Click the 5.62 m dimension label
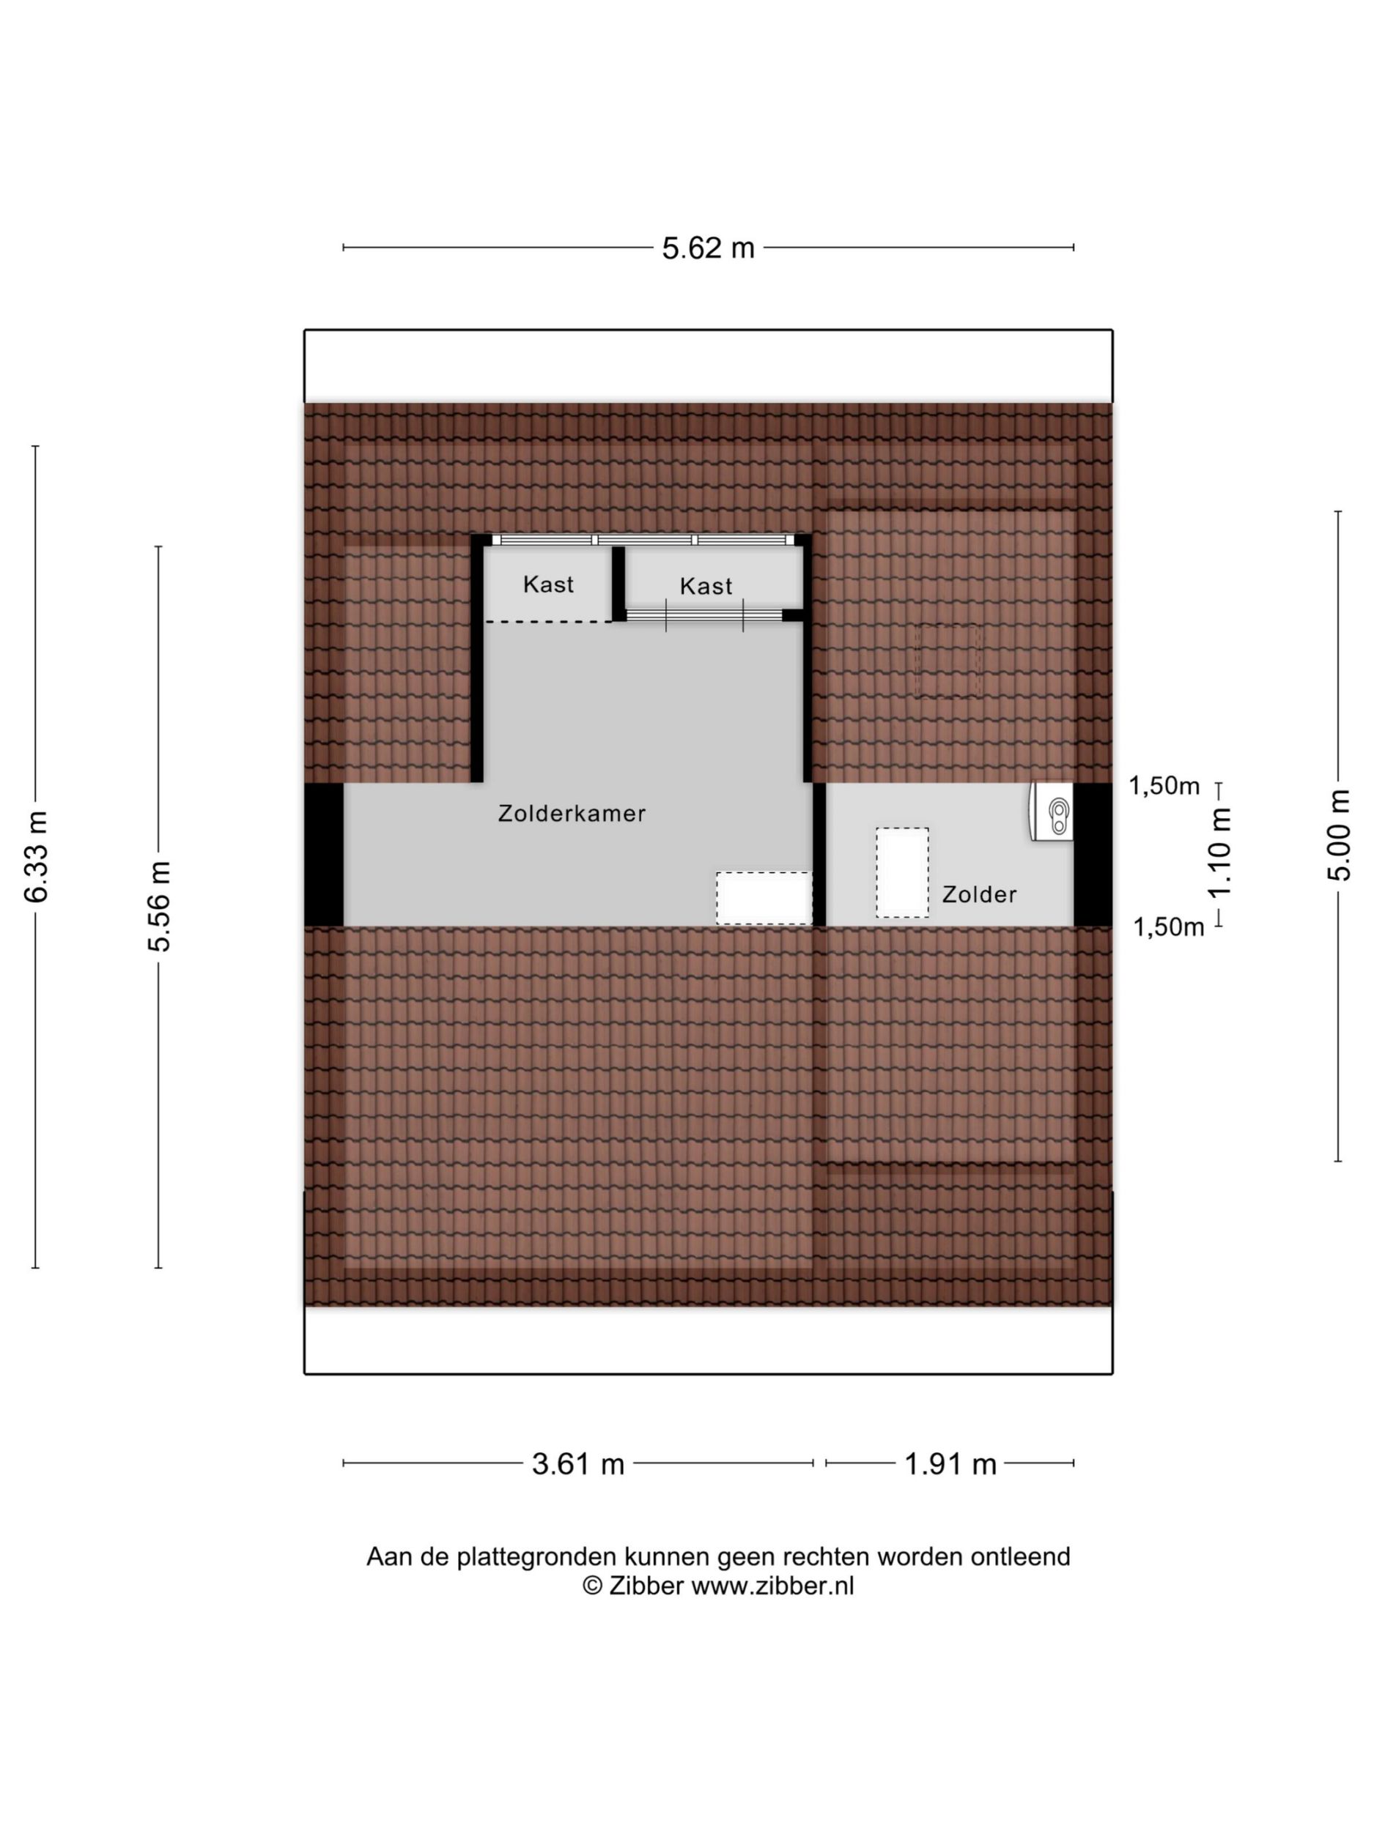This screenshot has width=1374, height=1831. point(707,248)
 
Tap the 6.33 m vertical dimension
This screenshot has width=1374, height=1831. point(37,856)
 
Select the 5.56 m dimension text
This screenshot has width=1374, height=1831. point(158,905)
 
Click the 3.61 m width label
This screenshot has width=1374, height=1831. point(577,1464)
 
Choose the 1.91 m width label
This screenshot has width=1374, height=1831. point(950,1464)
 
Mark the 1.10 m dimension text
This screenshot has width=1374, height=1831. point(1220,853)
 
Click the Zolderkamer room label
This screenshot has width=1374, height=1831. point(572,814)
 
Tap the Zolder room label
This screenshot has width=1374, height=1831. point(979,894)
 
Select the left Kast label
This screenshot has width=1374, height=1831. point(548,584)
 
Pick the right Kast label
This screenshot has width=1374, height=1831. point(706,586)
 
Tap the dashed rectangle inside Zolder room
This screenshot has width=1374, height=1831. point(902,872)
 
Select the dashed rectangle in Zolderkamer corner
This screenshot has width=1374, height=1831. point(764,898)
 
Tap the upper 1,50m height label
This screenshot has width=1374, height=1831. point(1164,786)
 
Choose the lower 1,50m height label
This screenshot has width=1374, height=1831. point(1168,927)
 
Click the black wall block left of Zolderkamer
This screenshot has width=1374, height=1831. point(324,854)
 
